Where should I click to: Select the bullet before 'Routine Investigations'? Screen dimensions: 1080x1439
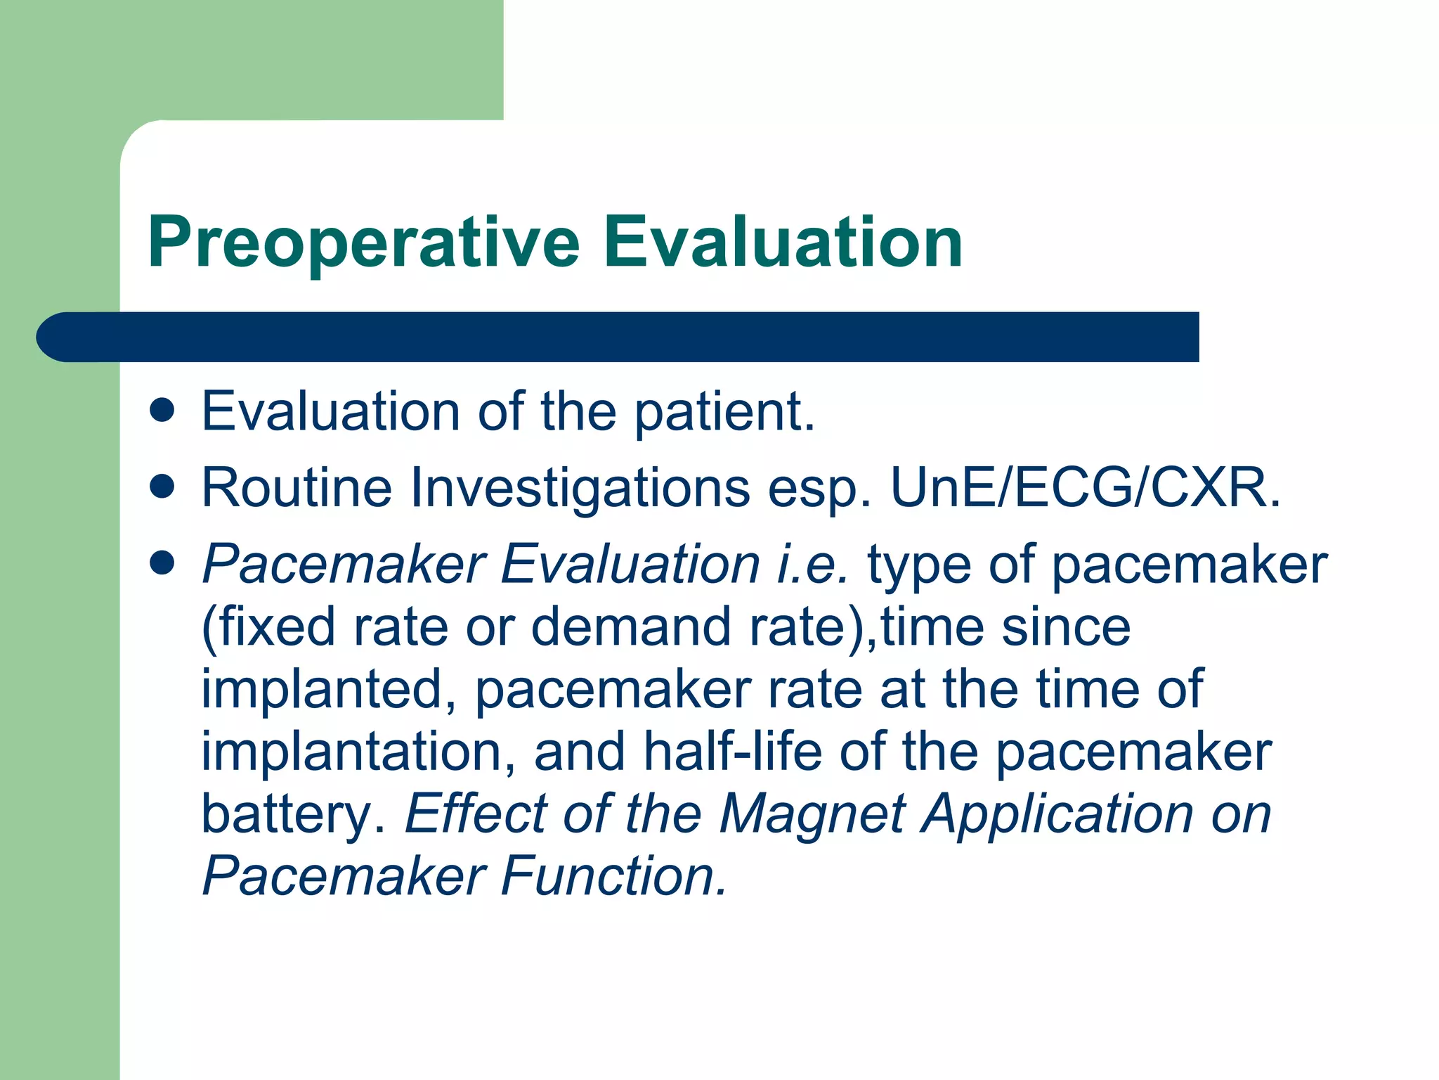pos(162,487)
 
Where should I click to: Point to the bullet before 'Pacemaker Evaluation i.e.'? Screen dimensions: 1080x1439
pos(162,563)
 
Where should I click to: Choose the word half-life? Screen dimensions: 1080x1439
pos(733,752)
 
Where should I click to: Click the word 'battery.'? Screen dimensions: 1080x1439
pos(294,815)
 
